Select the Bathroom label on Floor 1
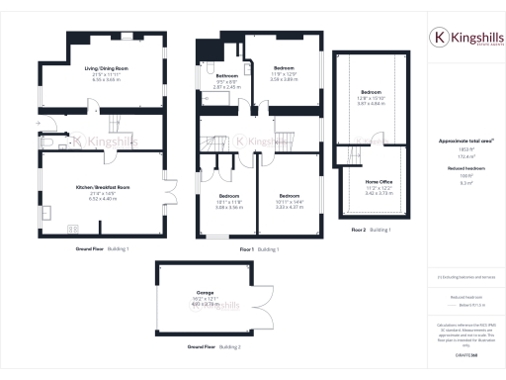[x=227, y=76]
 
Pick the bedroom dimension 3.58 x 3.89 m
[x=284, y=78]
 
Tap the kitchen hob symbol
[x=74, y=230]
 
